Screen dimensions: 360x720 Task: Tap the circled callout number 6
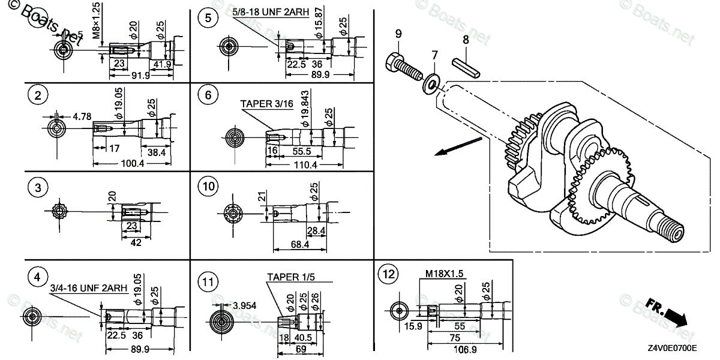pos(208,95)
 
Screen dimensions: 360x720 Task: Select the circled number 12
pos(387,275)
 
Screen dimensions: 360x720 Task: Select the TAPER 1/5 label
pos(291,277)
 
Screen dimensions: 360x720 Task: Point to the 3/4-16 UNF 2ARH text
pos(88,288)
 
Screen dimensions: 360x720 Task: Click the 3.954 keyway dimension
pos(244,305)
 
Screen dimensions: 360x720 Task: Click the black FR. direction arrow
pos(666,313)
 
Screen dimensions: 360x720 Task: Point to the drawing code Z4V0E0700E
pos(671,348)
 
